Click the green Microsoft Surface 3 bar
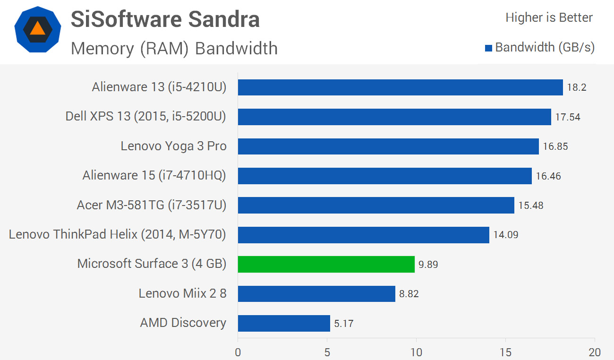click(x=326, y=264)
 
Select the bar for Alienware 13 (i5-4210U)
click(x=400, y=87)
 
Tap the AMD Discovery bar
click(x=284, y=323)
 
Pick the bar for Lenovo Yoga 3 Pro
click(x=388, y=146)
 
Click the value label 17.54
click(x=567, y=117)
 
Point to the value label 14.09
click(x=506, y=235)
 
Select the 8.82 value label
click(x=409, y=294)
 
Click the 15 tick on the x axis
click(x=505, y=352)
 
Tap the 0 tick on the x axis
click(x=238, y=352)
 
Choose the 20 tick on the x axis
click(x=594, y=352)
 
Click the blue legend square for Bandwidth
click(x=489, y=48)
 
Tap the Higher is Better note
click(x=549, y=18)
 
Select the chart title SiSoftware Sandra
click(x=165, y=19)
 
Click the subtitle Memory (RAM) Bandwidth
click(x=174, y=48)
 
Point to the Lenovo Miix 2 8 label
click(x=182, y=293)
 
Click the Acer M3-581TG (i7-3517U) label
click(x=152, y=205)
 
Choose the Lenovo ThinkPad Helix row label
click(x=118, y=234)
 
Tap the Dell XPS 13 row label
click(x=146, y=117)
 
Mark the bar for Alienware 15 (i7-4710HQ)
click(x=384, y=176)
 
